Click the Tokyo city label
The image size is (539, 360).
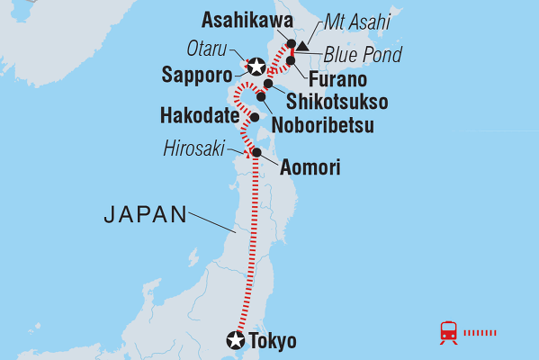tap(274, 341)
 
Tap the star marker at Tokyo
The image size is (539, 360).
tap(236, 340)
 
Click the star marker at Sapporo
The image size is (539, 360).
tap(256, 66)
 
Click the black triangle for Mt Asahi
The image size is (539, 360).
tap(305, 45)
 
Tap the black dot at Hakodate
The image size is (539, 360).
tap(255, 117)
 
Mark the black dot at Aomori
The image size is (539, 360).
tap(257, 152)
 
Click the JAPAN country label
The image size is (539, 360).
tap(145, 214)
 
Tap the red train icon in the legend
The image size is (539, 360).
tap(447, 332)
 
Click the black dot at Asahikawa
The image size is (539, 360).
tap(291, 43)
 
